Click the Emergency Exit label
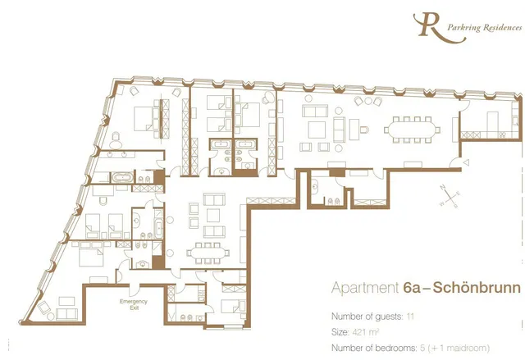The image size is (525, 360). point(134,304)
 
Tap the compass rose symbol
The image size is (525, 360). point(450,196)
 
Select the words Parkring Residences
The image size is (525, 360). point(485,27)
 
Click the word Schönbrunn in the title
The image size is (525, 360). point(477,287)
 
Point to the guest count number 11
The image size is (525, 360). point(410,317)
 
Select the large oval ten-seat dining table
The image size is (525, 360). point(412,130)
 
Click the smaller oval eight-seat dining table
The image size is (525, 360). point(208,253)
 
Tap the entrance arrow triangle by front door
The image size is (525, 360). point(466,162)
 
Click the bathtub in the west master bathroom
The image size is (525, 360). point(122,177)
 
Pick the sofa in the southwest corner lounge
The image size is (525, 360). point(66,314)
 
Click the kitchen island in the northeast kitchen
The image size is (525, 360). point(492,121)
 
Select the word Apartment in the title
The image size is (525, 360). point(365,288)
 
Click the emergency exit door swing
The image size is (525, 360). point(134,290)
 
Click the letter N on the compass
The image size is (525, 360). point(443,187)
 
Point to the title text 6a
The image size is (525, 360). point(412,287)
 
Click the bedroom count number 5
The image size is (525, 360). point(422,348)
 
